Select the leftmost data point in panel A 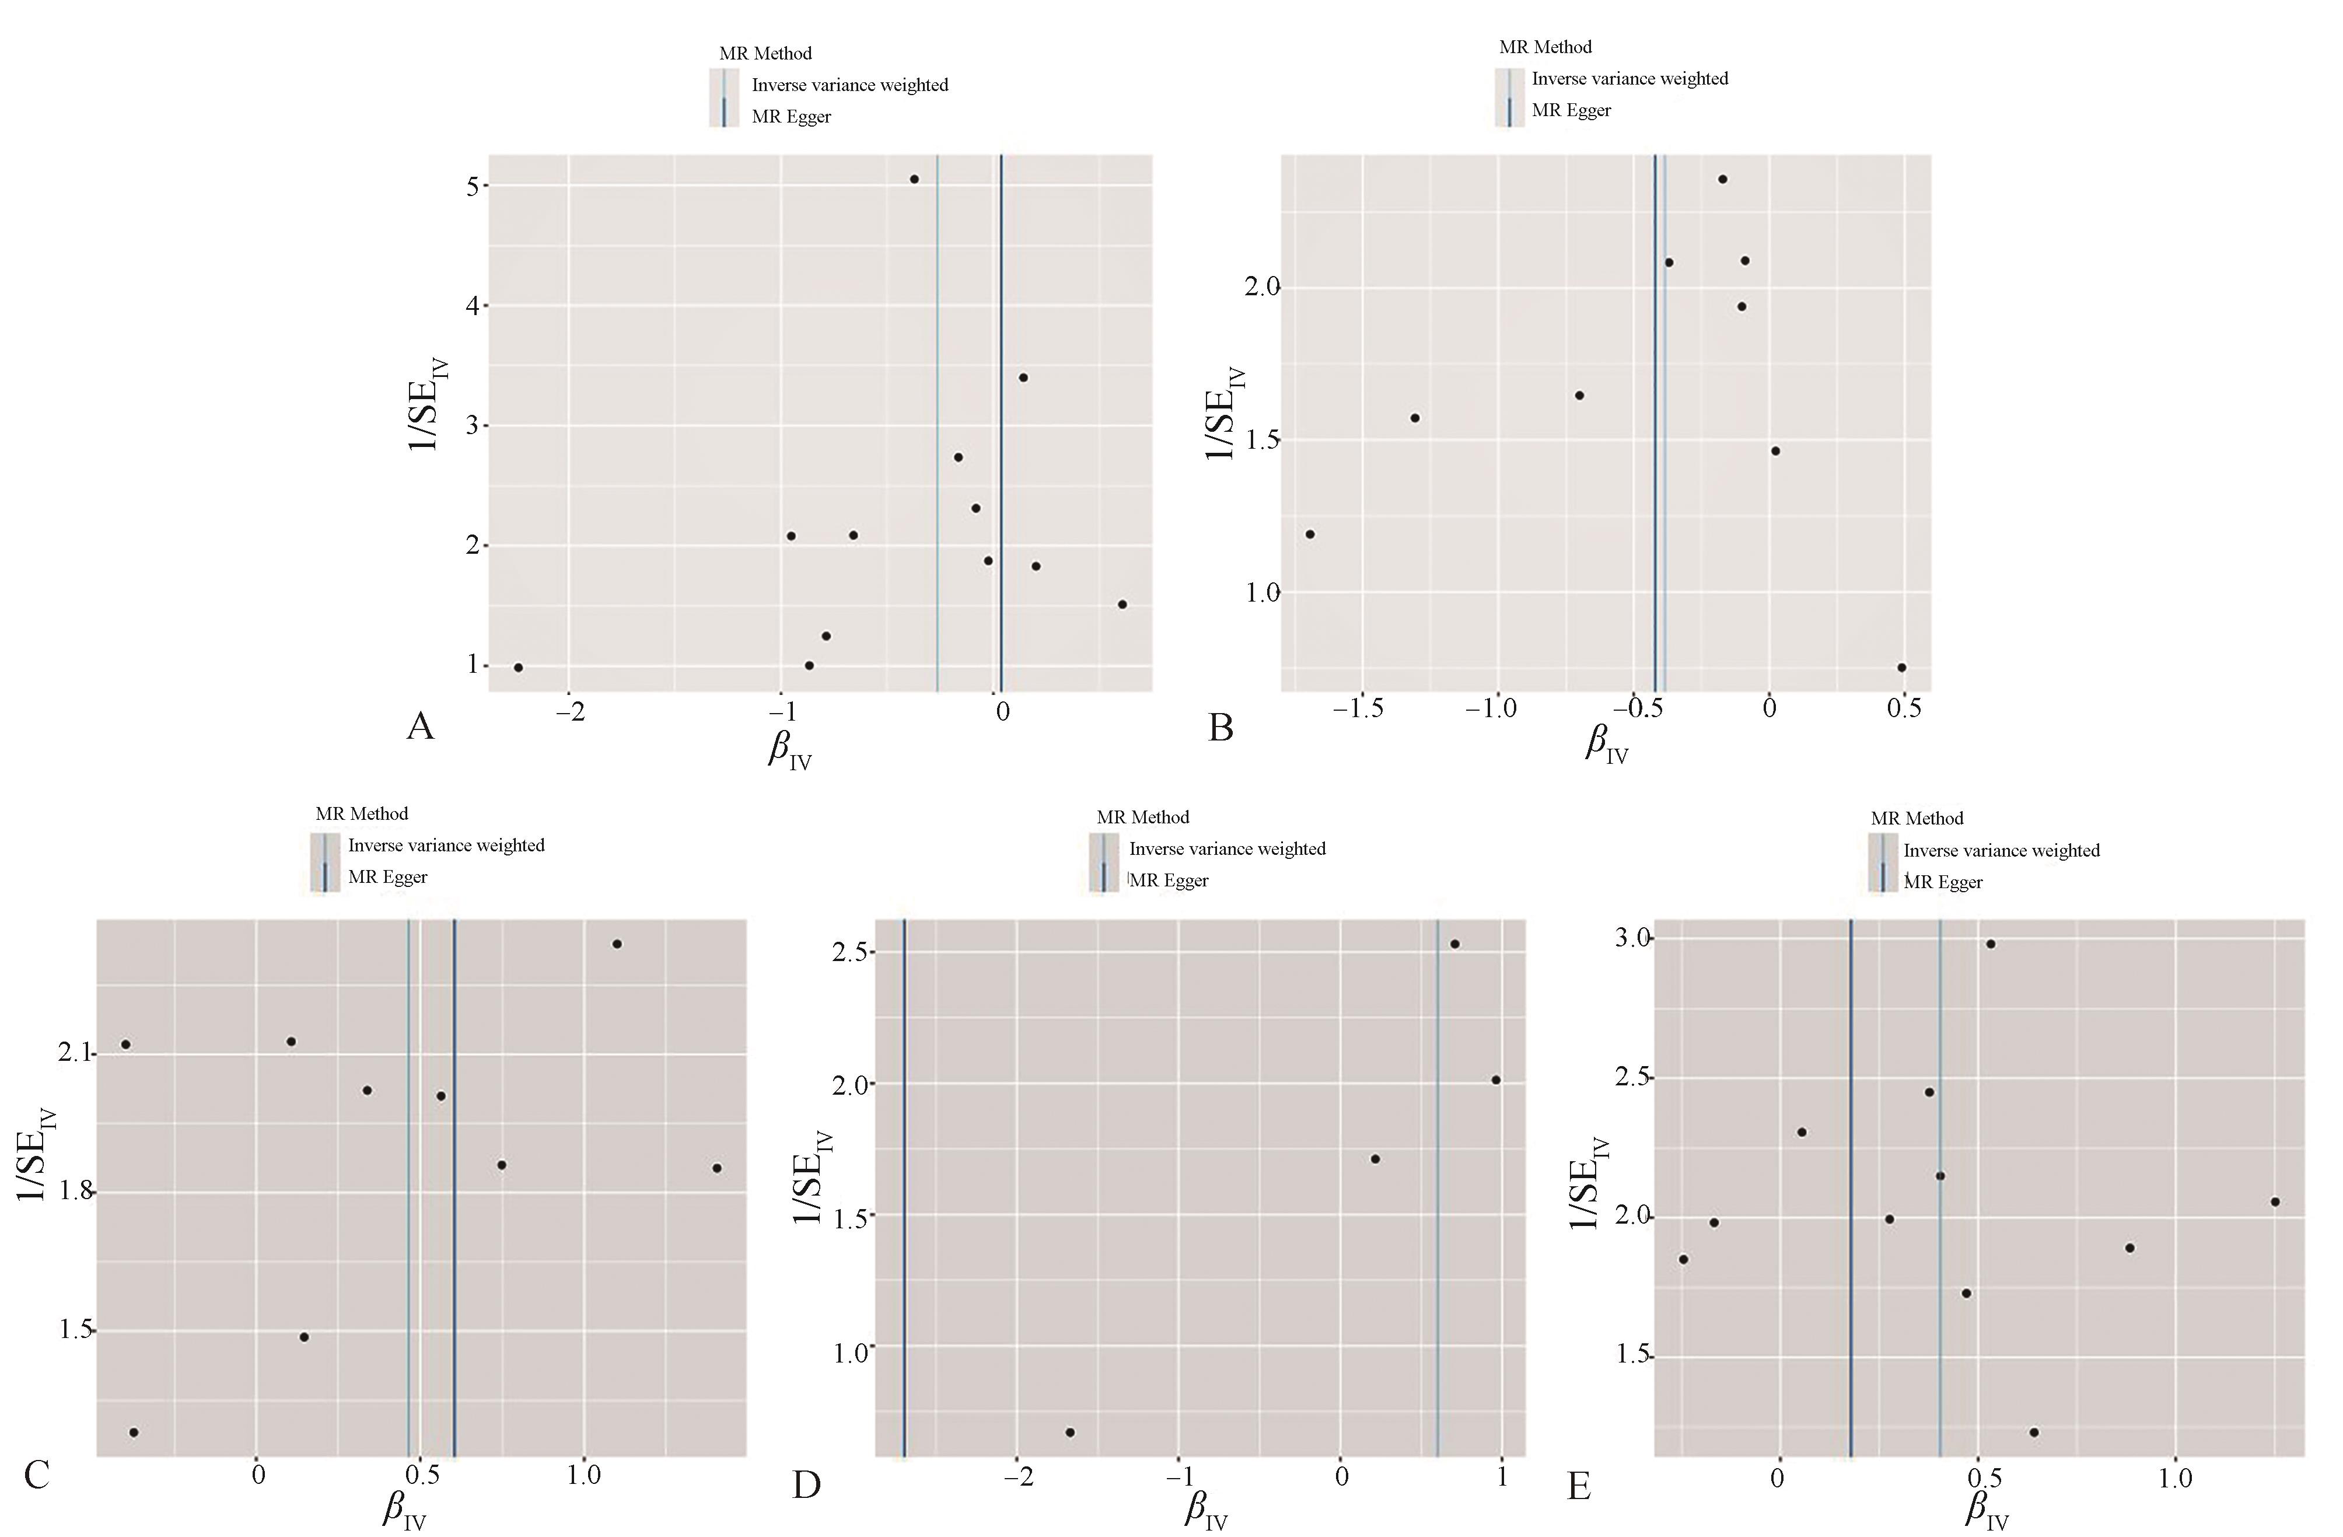pyautogui.click(x=518, y=668)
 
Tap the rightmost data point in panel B pyautogui.click(x=1901, y=668)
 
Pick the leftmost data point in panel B pyautogui.click(x=1309, y=535)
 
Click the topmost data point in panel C pyautogui.click(x=616, y=944)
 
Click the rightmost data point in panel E pyautogui.click(x=2275, y=1202)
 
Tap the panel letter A pyautogui.click(x=421, y=726)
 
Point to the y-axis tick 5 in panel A pyautogui.click(x=473, y=186)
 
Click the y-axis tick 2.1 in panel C pyautogui.click(x=75, y=1053)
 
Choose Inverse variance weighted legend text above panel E pyautogui.click(x=2001, y=851)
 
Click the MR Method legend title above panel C pyautogui.click(x=361, y=814)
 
